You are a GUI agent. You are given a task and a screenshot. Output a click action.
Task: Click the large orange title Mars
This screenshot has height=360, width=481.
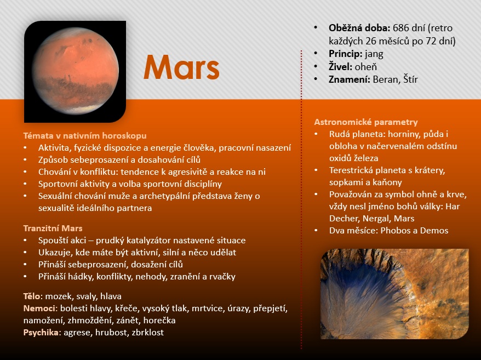pyautogui.click(x=181, y=67)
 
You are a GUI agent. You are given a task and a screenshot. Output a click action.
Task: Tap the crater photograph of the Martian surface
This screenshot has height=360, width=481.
pyautogui.click(x=394, y=294)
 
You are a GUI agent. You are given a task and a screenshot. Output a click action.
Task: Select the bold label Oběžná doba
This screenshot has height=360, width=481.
pyautogui.click(x=359, y=28)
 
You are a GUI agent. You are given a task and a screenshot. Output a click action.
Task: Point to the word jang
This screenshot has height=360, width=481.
pyautogui.click(x=374, y=54)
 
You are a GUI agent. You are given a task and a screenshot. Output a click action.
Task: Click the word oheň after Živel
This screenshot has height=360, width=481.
pyautogui.click(x=365, y=67)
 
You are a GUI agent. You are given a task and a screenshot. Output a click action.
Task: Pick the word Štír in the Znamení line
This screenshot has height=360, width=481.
pyautogui.click(x=410, y=79)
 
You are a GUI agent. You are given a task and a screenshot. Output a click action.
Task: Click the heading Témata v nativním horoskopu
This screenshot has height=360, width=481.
pyautogui.click(x=85, y=136)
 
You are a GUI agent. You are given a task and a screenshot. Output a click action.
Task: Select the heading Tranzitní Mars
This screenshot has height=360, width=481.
pyautogui.click(x=53, y=228)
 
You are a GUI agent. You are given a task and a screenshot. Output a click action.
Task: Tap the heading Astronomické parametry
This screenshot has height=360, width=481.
pyautogui.click(x=365, y=122)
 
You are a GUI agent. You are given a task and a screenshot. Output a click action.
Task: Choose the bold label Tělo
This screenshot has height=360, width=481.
pyautogui.click(x=32, y=296)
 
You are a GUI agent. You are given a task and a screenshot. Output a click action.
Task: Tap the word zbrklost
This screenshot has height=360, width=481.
pyautogui.click(x=147, y=333)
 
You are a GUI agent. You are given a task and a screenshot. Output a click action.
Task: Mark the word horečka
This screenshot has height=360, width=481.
pyautogui.click(x=159, y=321)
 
